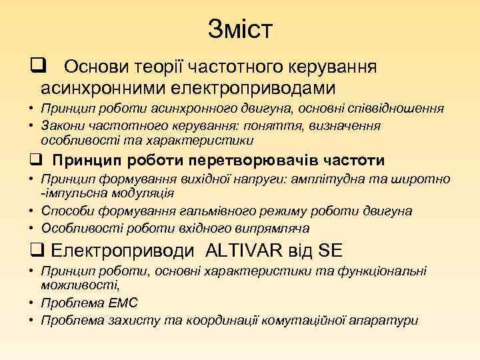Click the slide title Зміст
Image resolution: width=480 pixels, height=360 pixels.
coord(240,29)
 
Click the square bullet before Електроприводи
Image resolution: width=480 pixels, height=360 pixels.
coord(35,251)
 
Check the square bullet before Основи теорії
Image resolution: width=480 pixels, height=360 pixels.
coord(36,67)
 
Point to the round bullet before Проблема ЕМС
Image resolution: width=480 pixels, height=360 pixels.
coord(32,303)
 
